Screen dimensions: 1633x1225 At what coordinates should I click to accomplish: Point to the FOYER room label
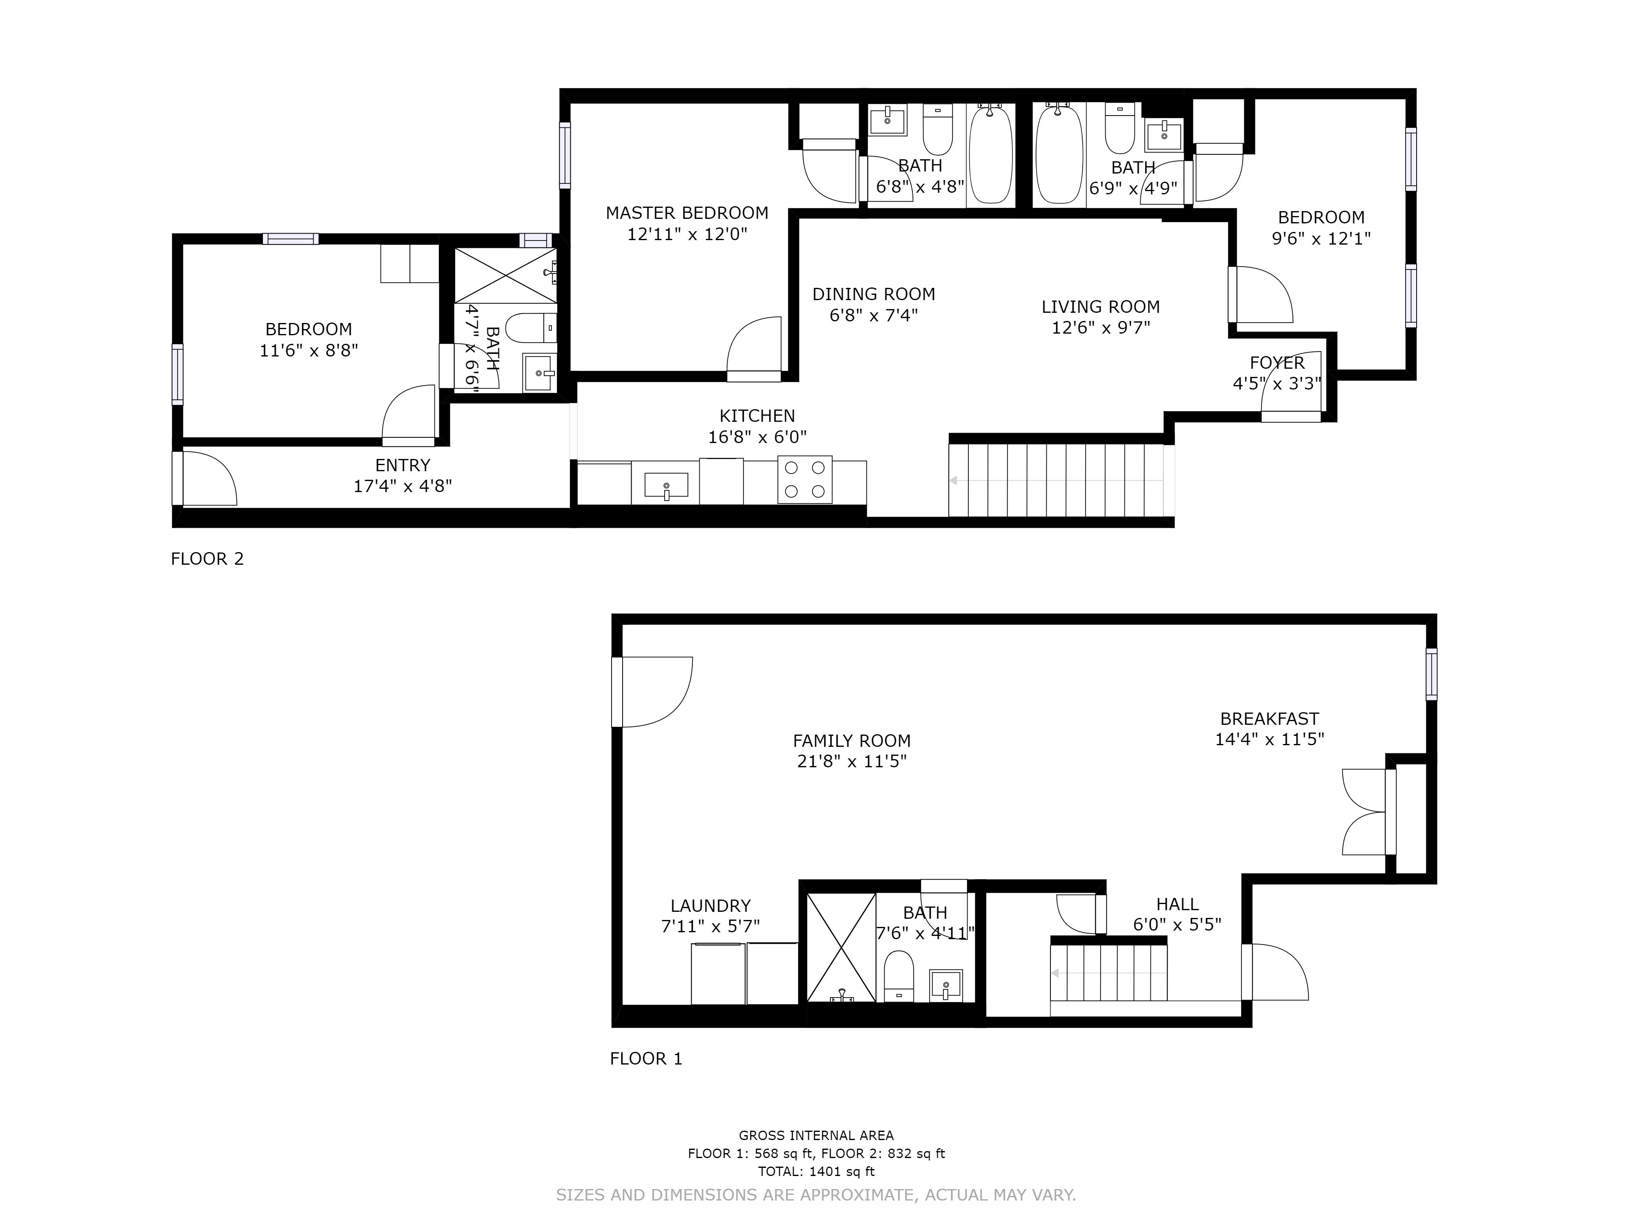click(1277, 363)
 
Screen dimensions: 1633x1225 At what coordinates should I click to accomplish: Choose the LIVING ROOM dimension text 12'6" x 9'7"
click(1101, 327)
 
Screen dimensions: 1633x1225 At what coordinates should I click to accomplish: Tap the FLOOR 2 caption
click(207, 559)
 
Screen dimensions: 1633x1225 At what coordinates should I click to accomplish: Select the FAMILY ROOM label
click(852, 741)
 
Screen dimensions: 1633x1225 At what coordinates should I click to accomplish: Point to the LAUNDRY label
click(710, 905)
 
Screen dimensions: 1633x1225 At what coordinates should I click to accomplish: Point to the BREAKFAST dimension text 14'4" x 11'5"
click(1270, 739)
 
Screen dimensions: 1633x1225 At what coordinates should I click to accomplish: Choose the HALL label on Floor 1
click(1177, 904)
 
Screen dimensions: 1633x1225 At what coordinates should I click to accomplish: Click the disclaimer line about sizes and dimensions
click(816, 1194)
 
